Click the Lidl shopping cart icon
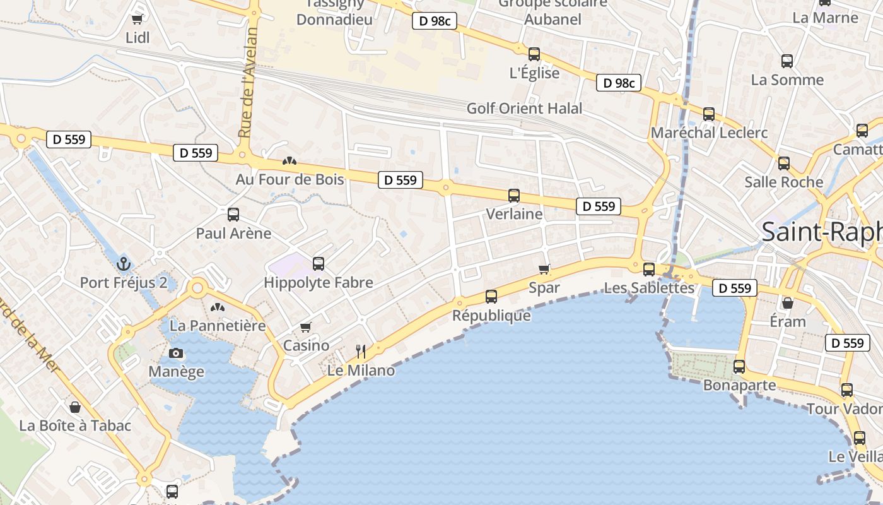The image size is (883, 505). tap(137, 20)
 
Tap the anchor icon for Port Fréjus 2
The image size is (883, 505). tap(124, 263)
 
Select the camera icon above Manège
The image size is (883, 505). tap(176, 353)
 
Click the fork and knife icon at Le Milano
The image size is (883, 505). tap(361, 351)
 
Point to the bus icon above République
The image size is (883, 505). tap(491, 296)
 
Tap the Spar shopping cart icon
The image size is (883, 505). tap(544, 270)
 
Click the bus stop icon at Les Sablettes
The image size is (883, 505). tap(648, 270)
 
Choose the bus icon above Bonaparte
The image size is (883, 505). tap(739, 366)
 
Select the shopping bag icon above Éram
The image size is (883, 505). tap(788, 303)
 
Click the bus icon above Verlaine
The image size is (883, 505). tap(514, 196)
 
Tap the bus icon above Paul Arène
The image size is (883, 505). tap(233, 215)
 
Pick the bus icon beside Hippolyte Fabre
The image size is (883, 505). tap(319, 264)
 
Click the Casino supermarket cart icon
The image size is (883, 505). tap(306, 327)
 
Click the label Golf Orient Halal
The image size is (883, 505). tap(524, 109)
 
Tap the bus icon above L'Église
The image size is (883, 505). tap(534, 54)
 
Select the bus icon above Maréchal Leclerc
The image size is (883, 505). tap(709, 114)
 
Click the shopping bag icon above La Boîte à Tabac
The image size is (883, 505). tap(75, 407)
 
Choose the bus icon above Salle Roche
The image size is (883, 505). tap(783, 163)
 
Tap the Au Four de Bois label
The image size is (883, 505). tap(290, 179)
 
